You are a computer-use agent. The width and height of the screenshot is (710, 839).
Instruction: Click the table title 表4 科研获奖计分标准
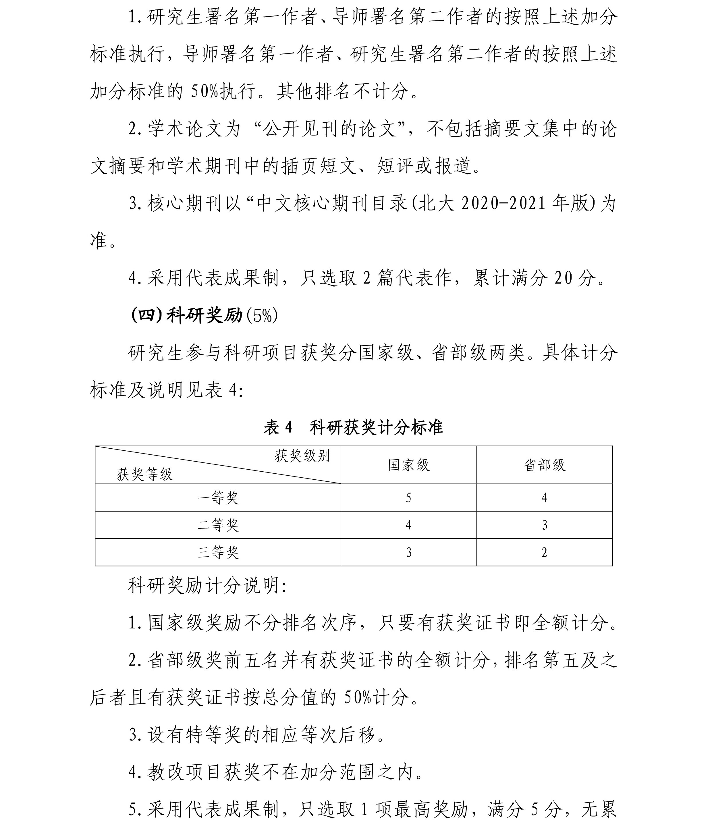tap(353, 427)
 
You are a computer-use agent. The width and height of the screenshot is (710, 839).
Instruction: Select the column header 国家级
tap(408, 465)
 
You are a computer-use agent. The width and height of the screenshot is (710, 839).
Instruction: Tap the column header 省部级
tap(544, 465)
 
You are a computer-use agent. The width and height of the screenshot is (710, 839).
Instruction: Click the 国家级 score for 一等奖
tap(408, 498)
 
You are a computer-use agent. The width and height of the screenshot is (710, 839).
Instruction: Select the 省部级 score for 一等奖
tap(544, 498)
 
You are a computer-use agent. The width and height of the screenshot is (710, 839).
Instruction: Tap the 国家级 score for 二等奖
tap(408, 525)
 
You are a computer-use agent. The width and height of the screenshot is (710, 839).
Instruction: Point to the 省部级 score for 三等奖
tap(544, 552)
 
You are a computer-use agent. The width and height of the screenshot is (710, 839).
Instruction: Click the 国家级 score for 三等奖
tap(408, 552)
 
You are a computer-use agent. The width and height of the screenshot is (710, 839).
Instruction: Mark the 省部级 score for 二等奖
tap(544, 525)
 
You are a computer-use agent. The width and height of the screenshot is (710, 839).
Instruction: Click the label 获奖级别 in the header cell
tap(302, 456)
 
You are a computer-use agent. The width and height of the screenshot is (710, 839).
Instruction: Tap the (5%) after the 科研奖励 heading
tap(262, 316)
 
